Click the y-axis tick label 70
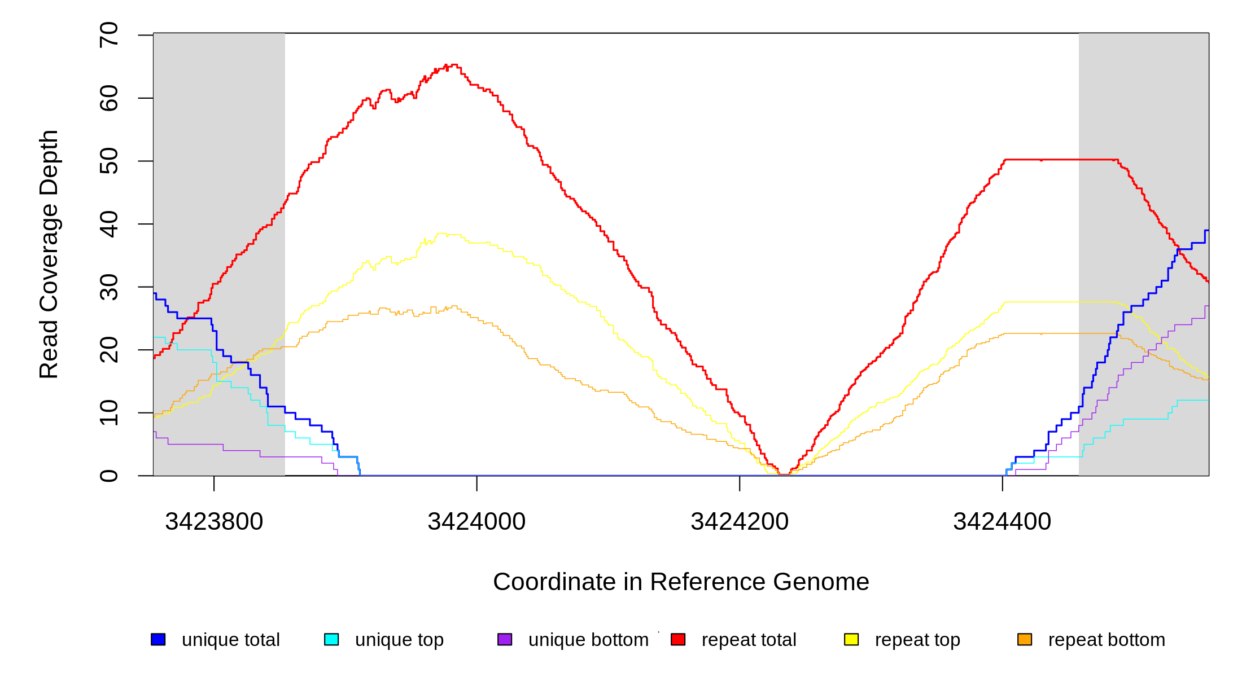108,35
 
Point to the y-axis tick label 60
108,98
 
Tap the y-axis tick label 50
108,161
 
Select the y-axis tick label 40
108,224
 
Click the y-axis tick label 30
108,287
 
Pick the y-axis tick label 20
108,350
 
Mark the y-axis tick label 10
108,413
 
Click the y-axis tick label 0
108,476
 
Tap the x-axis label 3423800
214,521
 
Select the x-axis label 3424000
476,521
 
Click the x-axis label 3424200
740,521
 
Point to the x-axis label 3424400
1002,521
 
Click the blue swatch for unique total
158,639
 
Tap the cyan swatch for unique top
331,639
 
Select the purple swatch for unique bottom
505,639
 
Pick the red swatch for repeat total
678,639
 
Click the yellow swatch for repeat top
851,639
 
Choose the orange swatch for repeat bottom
1025,639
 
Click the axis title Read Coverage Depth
49,254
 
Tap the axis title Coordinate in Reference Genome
681,582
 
